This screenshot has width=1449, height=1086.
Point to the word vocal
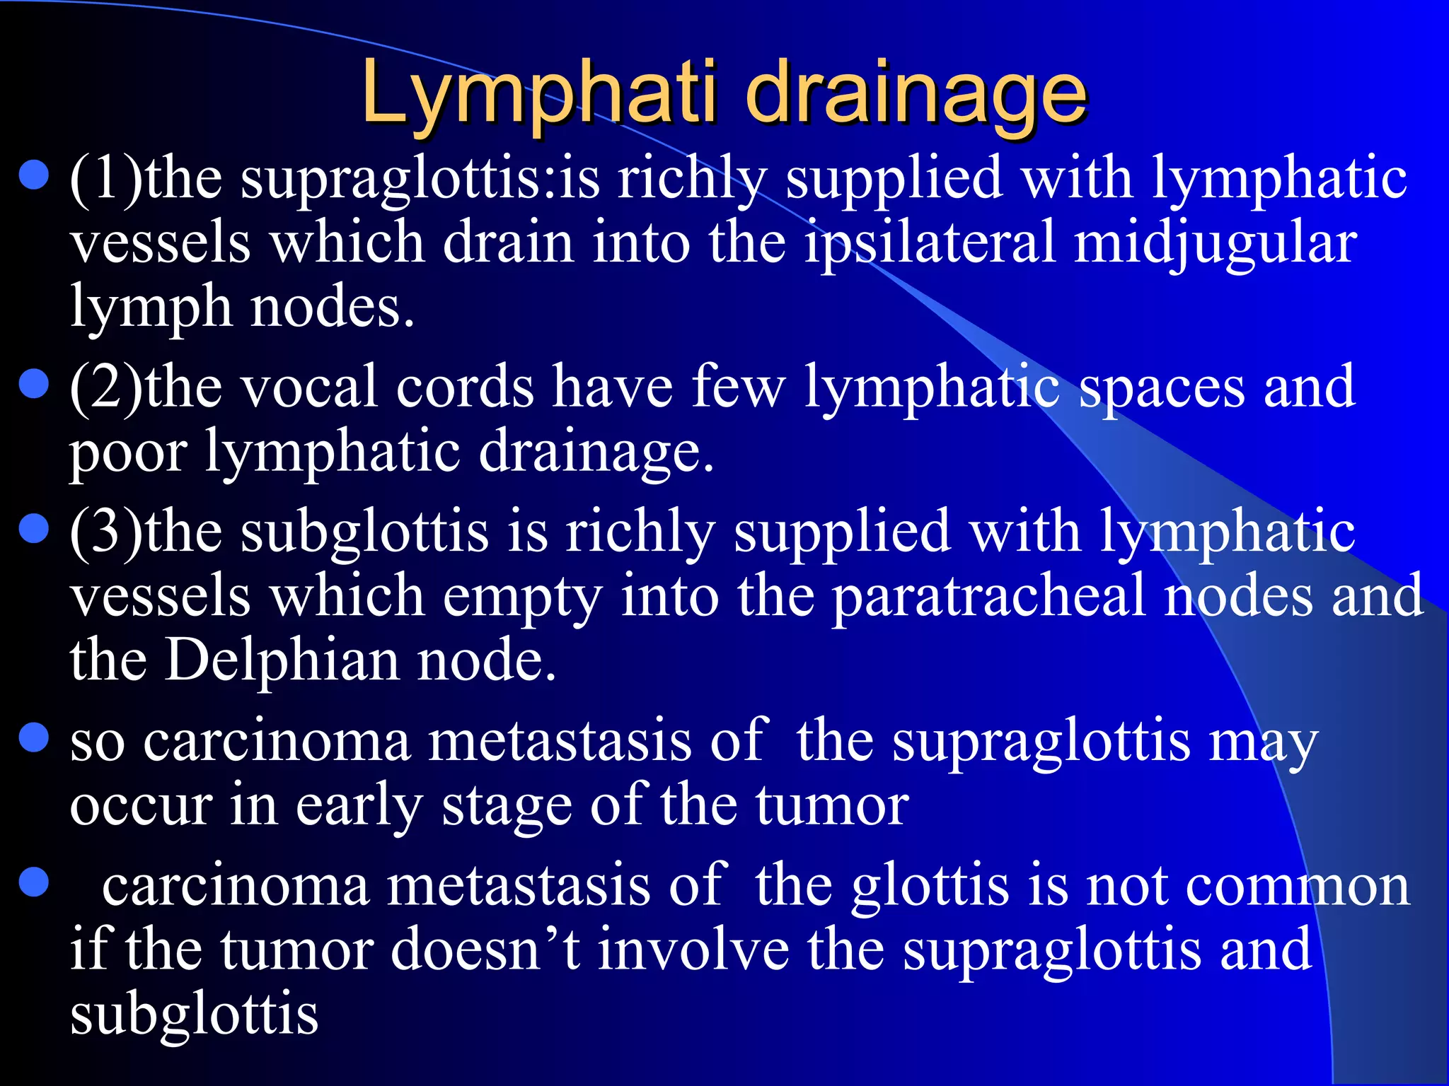pyautogui.click(x=308, y=387)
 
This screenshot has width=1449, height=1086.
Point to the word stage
pyautogui.click(x=507, y=807)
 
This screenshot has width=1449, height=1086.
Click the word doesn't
pyautogui.click(x=485, y=950)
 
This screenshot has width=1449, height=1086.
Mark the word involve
pyautogui.click(x=693, y=950)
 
